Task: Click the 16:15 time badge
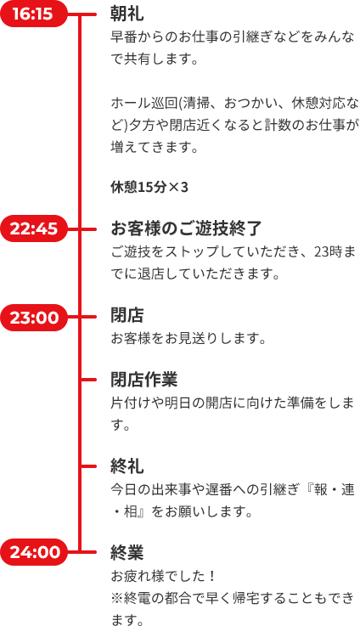click(33, 14)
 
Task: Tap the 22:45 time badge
click(33, 228)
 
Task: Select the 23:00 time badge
click(33, 318)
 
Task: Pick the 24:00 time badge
click(33, 552)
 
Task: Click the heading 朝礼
click(127, 14)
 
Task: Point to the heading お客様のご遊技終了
click(186, 228)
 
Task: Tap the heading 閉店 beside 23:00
click(127, 316)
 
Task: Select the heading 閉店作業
click(144, 380)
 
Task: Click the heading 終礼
click(127, 466)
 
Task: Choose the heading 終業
click(127, 553)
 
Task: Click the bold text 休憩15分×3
click(149, 187)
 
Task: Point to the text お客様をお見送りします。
click(188, 339)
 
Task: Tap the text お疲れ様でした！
click(164, 576)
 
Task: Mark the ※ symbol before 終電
click(117, 598)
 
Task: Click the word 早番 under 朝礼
click(124, 37)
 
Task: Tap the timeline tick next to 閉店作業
click(88, 380)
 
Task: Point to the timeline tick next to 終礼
click(88, 466)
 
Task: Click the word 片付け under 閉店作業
click(131, 403)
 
